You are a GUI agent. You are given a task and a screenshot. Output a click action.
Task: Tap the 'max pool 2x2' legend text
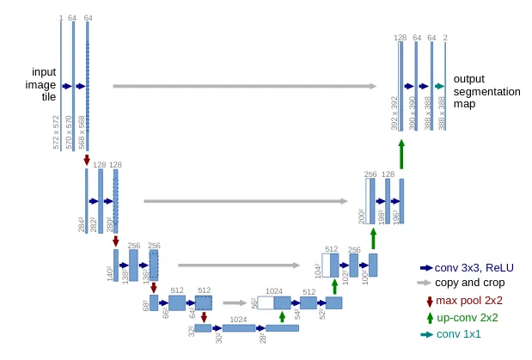click(469, 301)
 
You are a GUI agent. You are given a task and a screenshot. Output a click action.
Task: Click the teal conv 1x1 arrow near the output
click(438, 86)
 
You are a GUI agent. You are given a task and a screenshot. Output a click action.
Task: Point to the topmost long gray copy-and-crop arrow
click(244, 86)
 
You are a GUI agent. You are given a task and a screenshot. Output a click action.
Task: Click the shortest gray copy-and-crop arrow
click(234, 302)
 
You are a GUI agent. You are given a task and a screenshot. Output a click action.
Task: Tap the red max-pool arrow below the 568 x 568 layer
click(87, 159)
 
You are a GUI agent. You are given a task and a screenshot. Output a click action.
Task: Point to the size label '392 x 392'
click(395, 113)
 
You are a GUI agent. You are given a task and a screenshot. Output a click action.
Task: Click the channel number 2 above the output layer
click(445, 38)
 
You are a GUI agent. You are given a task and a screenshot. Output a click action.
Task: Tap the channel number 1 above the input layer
click(61, 17)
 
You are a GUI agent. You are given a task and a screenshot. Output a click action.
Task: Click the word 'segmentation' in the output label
click(486, 91)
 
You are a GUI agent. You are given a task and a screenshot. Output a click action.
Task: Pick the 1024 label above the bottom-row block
click(237, 319)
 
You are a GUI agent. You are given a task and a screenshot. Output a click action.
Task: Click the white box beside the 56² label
click(265, 302)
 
